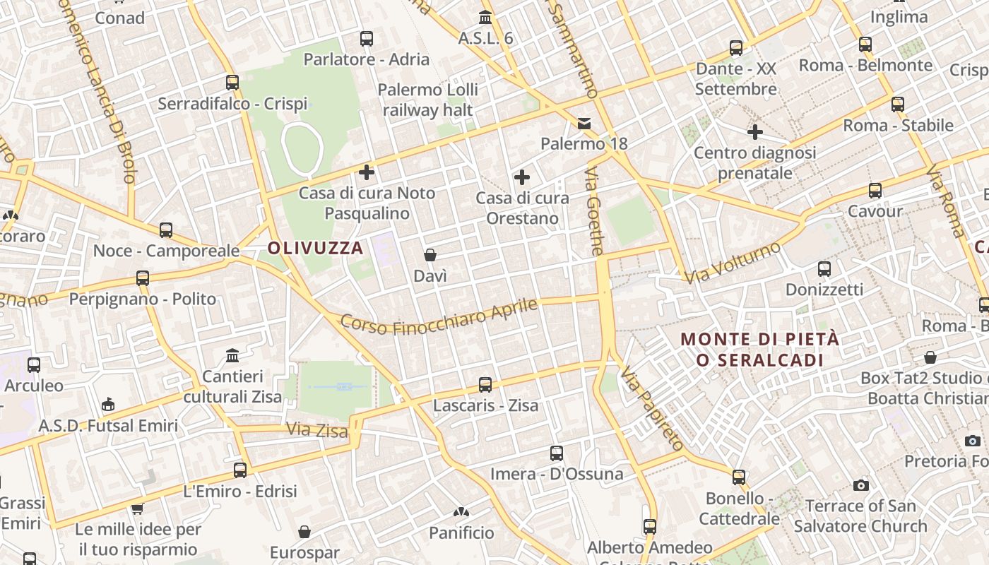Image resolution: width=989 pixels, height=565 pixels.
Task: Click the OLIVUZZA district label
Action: (315, 248)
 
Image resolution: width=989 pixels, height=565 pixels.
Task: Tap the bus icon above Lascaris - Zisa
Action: (485, 385)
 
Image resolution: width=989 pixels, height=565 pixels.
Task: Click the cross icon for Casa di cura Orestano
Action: (522, 177)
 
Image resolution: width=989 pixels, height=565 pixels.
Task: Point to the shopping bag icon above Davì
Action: (430, 255)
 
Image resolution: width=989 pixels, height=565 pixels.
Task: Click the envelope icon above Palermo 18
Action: (584, 124)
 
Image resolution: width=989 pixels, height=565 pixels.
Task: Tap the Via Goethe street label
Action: (595, 211)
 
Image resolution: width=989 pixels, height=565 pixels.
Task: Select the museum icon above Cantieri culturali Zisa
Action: (232, 355)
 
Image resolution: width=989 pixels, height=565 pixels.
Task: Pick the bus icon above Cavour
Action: (875, 191)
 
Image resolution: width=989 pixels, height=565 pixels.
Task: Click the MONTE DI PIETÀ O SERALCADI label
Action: (760, 350)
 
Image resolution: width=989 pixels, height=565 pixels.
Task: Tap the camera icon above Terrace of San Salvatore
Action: (860, 485)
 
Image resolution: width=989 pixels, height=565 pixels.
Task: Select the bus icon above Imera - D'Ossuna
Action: (557, 453)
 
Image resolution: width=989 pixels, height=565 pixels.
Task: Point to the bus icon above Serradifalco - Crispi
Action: (232, 83)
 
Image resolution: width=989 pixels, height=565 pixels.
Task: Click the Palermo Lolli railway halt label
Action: (427, 100)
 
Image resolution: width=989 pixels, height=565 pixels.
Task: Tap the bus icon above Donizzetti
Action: (824, 269)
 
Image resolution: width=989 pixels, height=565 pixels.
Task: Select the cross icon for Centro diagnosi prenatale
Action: (755, 132)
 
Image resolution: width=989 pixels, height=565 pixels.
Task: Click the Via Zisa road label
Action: (317, 429)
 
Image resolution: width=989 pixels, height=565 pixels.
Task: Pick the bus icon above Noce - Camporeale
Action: (166, 230)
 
